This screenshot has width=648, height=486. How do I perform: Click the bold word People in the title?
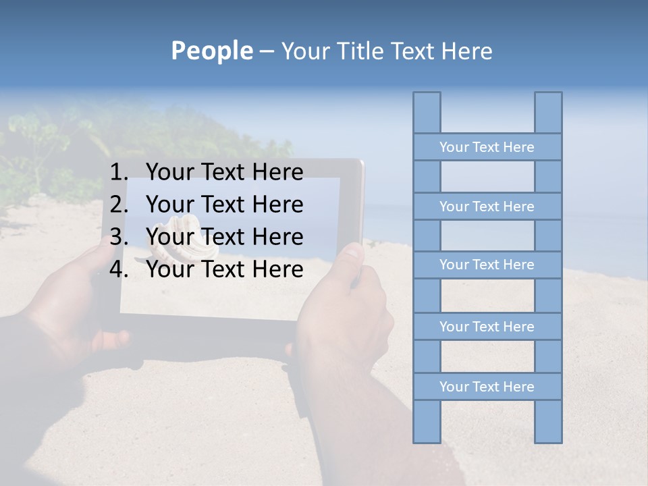pyautogui.click(x=211, y=51)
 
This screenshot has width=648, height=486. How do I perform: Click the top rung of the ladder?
pyautogui.click(x=487, y=147)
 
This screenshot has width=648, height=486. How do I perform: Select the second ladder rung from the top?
pyautogui.click(x=487, y=207)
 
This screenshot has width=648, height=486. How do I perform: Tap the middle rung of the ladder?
pyautogui.click(x=487, y=265)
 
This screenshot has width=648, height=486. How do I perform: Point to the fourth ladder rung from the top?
pyautogui.click(x=487, y=327)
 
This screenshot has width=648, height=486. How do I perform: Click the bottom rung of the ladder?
pyautogui.click(x=487, y=387)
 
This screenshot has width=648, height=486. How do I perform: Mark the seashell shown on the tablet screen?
pyautogui.click(x=177, y=238)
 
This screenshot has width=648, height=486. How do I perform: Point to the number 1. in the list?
pyautogui.click(x=119, y=173)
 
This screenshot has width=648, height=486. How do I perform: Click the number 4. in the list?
pyautogui.click(x=119, y=270)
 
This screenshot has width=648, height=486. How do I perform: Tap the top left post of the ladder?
pyautogui.click(x=427, y=112)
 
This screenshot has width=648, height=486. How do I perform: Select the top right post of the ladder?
pyautogui.click(x=548, y=112)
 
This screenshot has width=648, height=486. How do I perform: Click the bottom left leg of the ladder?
pyautogui.click(x=427, y=422)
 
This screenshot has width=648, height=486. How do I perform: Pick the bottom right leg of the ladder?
pyautogui.click(x=548, y=422)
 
